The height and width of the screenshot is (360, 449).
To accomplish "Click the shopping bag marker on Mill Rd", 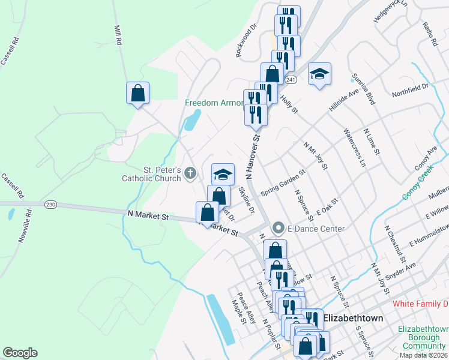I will coord(137,93).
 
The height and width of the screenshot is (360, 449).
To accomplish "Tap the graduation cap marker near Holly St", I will coord(319,74).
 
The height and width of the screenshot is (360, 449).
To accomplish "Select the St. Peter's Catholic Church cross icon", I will coord(190,174).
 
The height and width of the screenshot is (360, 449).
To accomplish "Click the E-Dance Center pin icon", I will coord(278,228).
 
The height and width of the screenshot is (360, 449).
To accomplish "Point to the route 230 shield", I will coord(50,205).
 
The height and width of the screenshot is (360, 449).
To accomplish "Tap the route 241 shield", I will coord(291,80).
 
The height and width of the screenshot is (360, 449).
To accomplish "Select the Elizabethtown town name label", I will coord(353,318).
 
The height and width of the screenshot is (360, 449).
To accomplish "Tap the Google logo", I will coord(20,353).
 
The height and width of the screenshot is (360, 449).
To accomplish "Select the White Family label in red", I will coord(420,304).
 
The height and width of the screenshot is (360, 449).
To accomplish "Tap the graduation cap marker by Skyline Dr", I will coord(223,174).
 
